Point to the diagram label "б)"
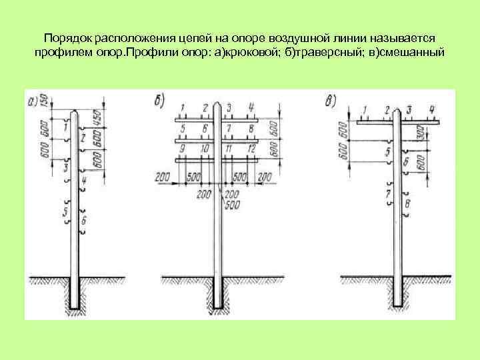[x=159, y=101]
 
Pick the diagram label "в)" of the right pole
[x=331, y=102]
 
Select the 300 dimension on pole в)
[x=419, y=133]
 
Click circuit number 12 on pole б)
[x=251, y=147]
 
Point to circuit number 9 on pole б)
[x=181, y=147]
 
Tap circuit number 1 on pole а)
[x=65, y=125]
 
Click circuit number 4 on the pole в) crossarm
[x=432, y=109]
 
